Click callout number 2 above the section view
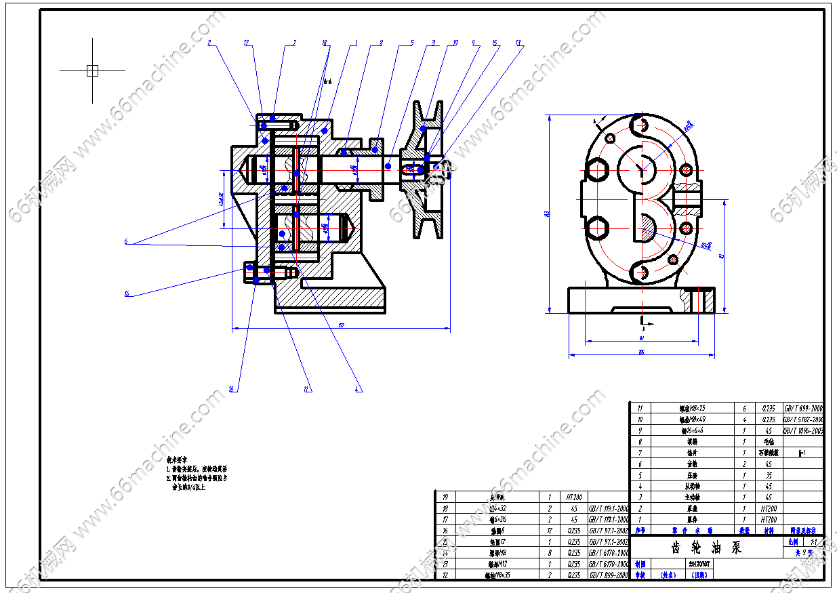tap(209, 43)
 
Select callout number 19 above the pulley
tap(455, 43)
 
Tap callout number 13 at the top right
tap(518, 43)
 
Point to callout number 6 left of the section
tap(125, 241)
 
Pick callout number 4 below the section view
tap(357, 389)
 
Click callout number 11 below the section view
tap(306, 389)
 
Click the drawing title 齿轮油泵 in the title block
tap(707, 548)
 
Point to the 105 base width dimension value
tap(640, 352)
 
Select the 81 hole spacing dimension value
tap(640, 337)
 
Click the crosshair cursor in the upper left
tap(93, 70)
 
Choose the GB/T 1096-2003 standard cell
tap(803, 430)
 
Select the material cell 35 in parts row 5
tap(768, 475)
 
